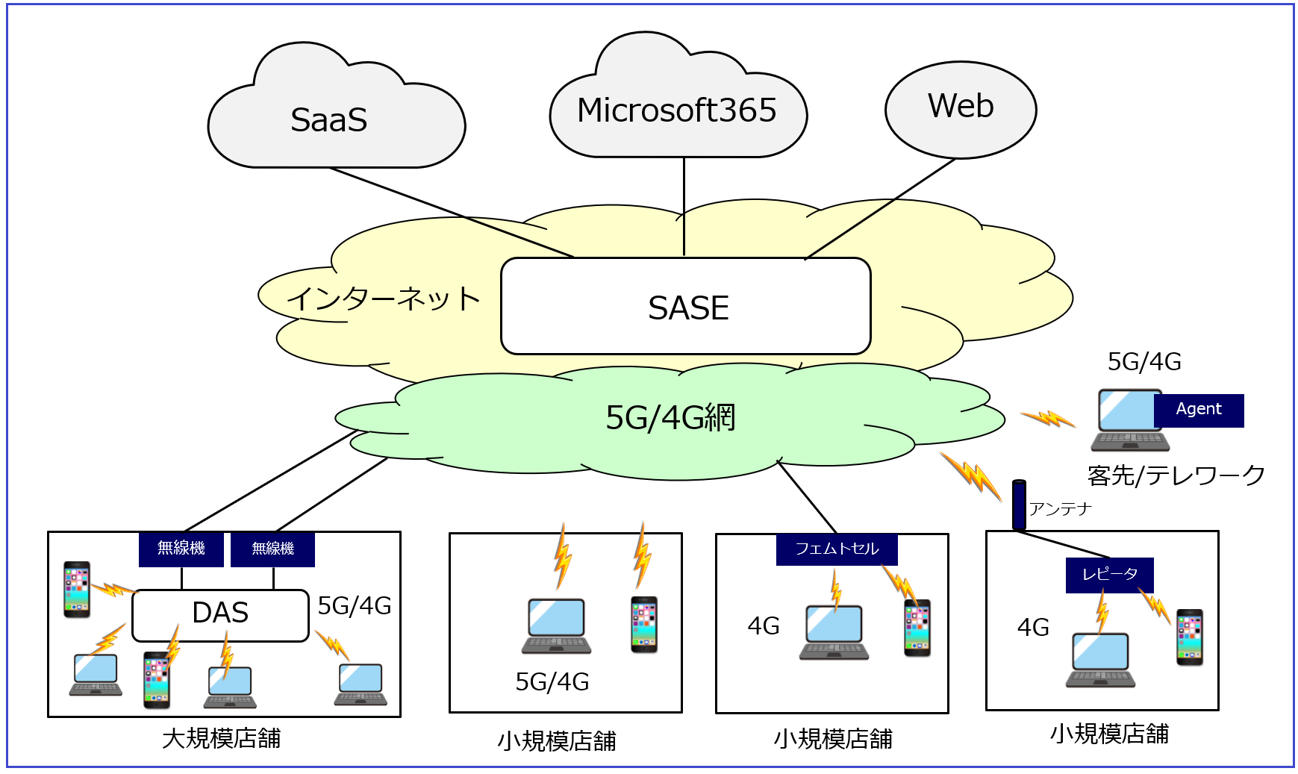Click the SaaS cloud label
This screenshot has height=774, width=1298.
point(329,120)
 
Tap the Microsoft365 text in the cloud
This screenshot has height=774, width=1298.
point(677,110)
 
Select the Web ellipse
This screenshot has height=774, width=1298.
point(961,109)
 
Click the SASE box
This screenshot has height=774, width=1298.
point(686,307)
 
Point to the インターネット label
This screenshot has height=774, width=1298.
point(384,299)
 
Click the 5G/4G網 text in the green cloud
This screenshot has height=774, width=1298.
point(670,418)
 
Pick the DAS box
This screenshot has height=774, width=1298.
point(220,614)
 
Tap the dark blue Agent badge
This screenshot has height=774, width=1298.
point(1199,410)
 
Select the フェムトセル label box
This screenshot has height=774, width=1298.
point(837,549)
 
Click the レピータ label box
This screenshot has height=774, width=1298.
point(1110,575)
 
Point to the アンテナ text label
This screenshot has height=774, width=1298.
point(1060,509)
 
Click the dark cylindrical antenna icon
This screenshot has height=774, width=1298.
point(1019,505)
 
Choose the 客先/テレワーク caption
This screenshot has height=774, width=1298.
point(1176,475)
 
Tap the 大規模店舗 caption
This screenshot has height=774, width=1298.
point(222,739)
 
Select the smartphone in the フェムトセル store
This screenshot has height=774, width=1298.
point(917,628)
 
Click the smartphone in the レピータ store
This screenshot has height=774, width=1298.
point(1190,637)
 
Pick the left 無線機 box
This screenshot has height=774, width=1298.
point(181,549)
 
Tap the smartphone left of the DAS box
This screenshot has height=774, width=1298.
point(77,590)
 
